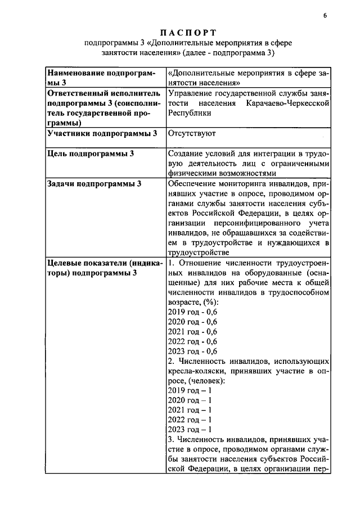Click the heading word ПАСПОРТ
pyautogui.click(x=179, y=31)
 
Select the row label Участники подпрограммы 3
pyautogui.click(x=102, y=133)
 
